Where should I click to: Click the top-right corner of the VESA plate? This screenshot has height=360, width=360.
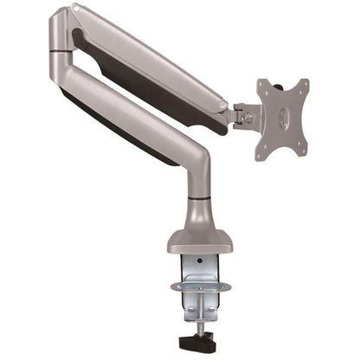[x=305, y=82]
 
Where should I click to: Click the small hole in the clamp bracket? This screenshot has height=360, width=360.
[x=197, y=259]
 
